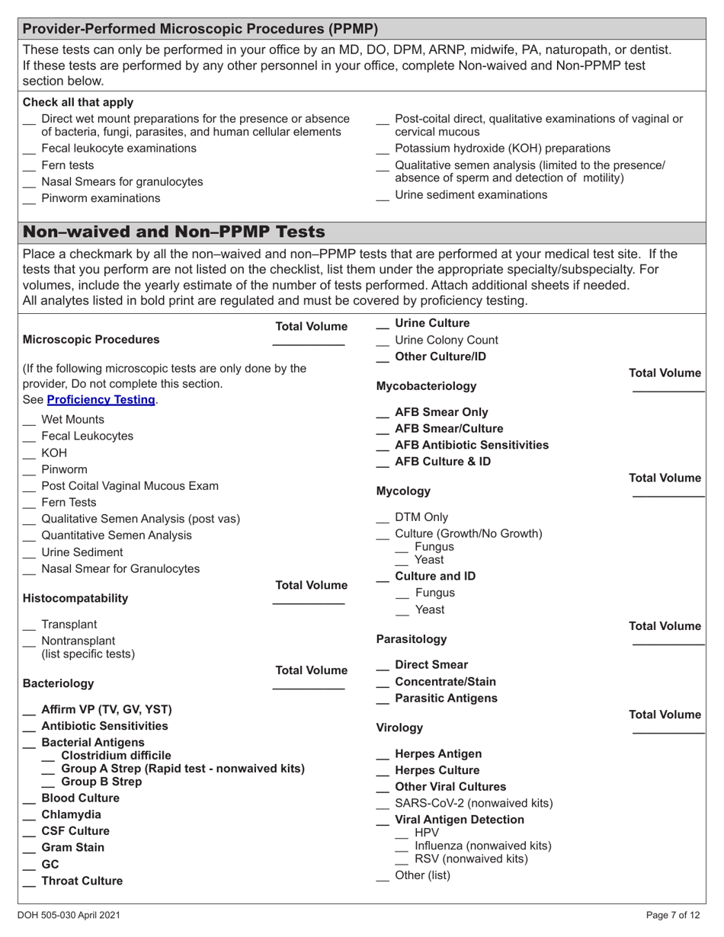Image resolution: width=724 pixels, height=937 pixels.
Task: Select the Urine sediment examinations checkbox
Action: [383, 197]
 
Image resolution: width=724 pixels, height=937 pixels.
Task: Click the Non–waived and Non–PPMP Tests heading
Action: [174, 232]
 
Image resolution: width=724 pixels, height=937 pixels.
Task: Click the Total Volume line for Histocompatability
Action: [308, 603]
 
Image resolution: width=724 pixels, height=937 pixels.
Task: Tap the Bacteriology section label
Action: [58, 683]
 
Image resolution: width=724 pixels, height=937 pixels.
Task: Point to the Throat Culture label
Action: [82, 881]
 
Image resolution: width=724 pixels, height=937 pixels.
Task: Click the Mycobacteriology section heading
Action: [426, 386]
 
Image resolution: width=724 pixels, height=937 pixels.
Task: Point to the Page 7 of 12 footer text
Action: [672, 916]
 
